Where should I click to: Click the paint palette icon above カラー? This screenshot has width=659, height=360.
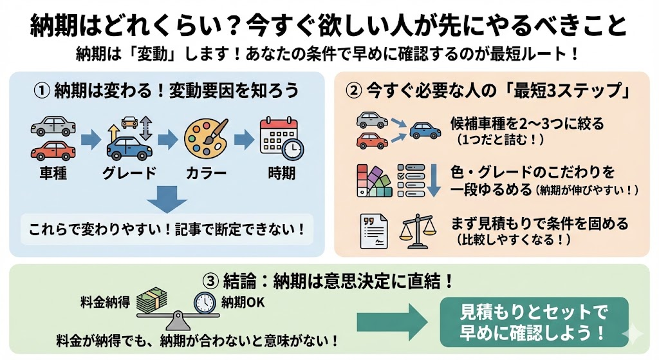tap(204, 138)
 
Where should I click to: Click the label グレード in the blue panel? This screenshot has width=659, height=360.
tap(129, 173)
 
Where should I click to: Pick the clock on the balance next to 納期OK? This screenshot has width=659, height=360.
tap(205, 303)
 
